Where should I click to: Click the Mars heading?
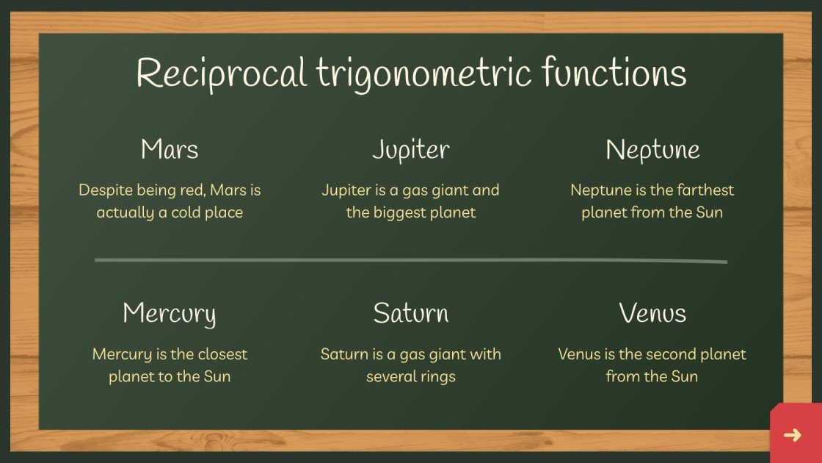[x=170, y=150]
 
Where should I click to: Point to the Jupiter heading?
[x=410, y=151]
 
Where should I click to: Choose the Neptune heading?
[x=652, y=150]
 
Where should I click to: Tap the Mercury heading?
[x=170, y=314]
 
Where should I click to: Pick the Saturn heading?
[x=410, y=313]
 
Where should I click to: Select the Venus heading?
[x=652, y=313]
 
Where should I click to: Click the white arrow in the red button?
[x=793, y=435]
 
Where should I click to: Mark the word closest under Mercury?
[x=221, y=354]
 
